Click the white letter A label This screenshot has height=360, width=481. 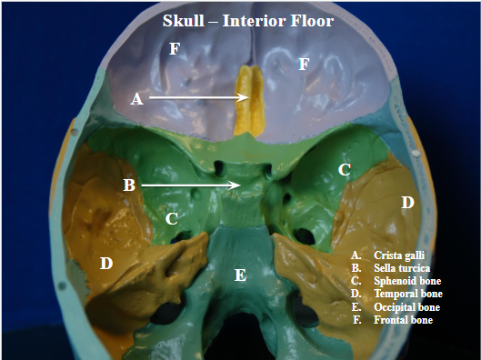[x=137, y=99]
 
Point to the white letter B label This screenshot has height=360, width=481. [x=129, y=185]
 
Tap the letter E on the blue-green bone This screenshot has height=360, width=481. [x=240, y=275]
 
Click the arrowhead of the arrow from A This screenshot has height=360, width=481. [x=246, y=96]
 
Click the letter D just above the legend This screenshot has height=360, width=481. [x=407, y=202]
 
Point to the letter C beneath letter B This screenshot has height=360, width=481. [x=171, y=219]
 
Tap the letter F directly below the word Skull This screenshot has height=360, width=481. [x=174, y=49]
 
